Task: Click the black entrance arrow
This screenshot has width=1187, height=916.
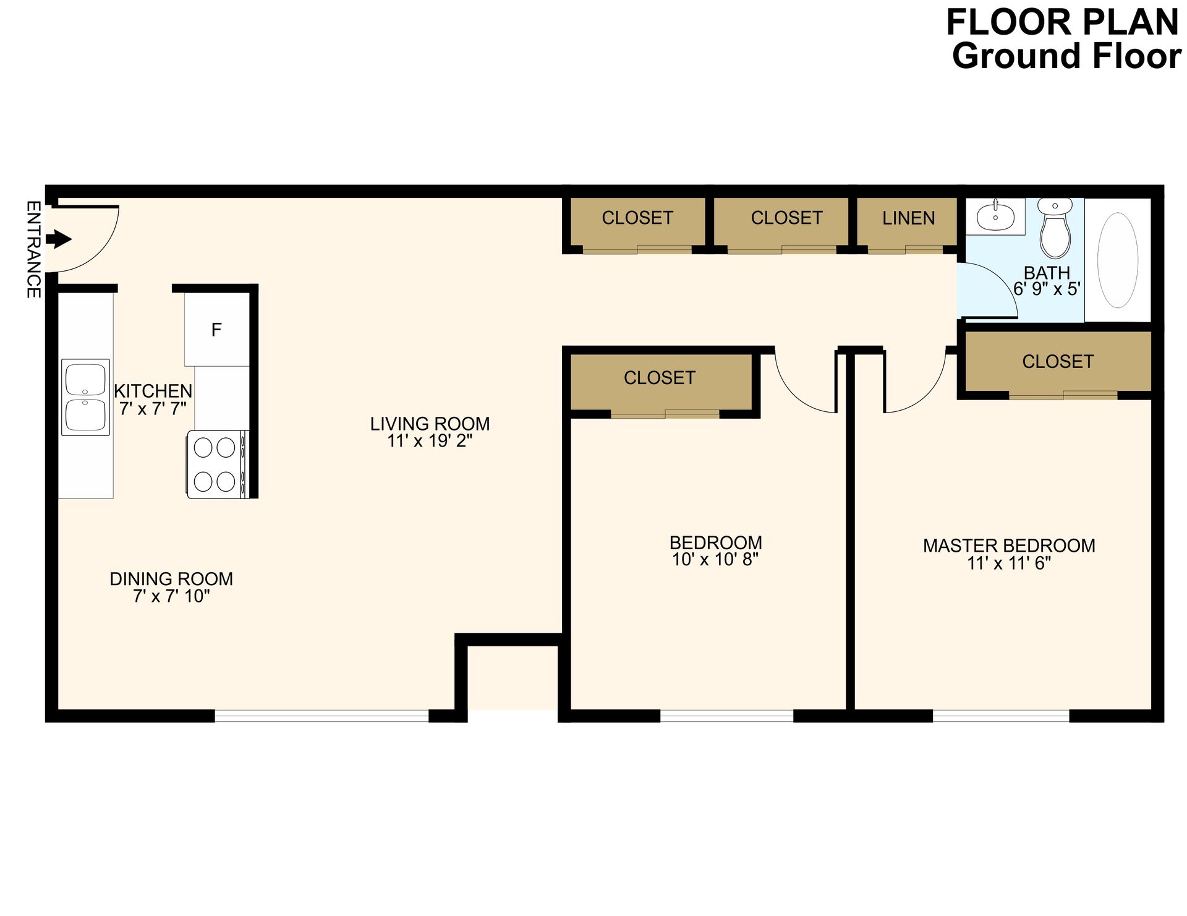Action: [59, 239]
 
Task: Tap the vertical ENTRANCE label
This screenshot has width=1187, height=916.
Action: [33, 249]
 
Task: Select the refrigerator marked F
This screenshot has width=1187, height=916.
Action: [216, 330]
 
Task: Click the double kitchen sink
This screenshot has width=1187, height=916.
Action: [85, 397]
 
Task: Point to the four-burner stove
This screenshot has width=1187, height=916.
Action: [216, 464]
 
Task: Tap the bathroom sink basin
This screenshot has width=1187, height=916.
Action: [995, 216]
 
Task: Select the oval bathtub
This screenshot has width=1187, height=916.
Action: [1117, 260]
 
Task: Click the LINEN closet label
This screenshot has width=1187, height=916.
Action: [908, 218]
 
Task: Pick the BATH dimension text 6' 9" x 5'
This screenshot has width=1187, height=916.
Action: [1047, 289]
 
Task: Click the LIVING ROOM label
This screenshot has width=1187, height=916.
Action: [430, 424]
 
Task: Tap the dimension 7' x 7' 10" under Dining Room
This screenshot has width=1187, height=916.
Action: [171, 596]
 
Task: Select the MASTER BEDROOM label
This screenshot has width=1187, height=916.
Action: [1009, 546]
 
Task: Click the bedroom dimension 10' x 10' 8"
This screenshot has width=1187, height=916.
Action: [715, 560]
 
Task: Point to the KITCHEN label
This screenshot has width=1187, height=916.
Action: [153, 391]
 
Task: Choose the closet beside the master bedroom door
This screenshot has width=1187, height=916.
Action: [1058, 362]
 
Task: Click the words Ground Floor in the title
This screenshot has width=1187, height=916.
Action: [1066, 56]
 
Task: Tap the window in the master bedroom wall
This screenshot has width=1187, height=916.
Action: [1001, 716]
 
